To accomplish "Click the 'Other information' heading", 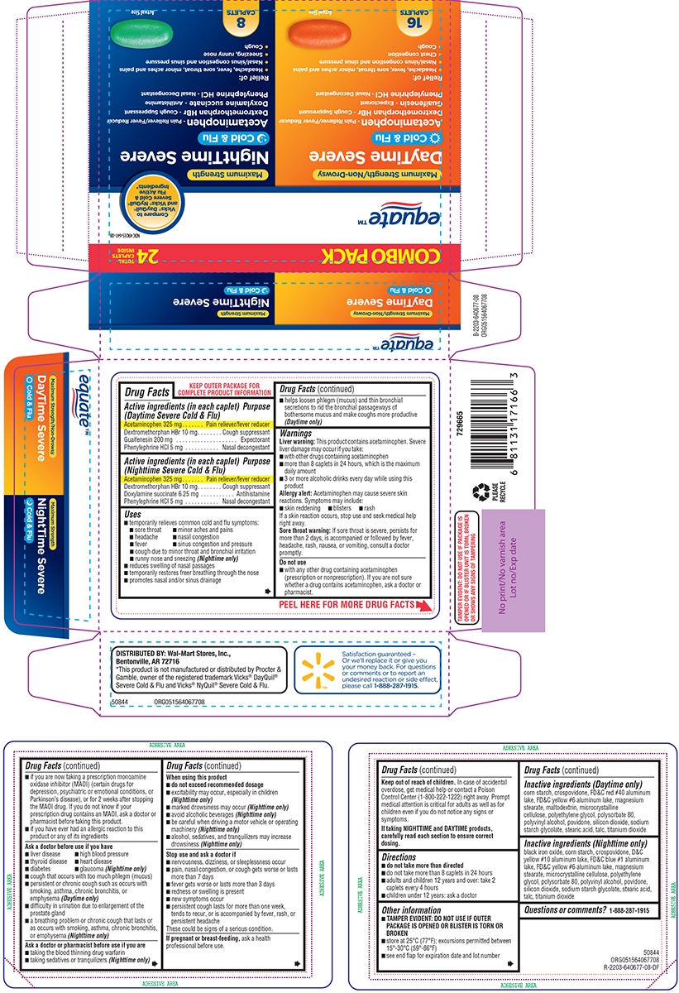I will coord(410,910).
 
